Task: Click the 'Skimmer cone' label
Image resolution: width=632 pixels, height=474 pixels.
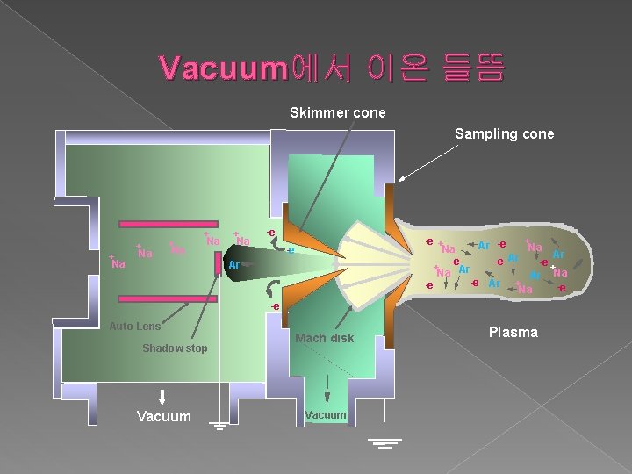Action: (337, 112)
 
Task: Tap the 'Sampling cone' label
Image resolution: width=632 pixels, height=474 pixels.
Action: (504, 133)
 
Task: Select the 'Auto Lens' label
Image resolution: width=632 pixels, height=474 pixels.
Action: (134, 327)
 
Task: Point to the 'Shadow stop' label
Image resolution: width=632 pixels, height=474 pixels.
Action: (175, 348)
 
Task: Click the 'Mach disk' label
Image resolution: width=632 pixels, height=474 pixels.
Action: (325, 338)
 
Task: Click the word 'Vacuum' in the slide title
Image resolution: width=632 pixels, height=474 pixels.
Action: (225, 69)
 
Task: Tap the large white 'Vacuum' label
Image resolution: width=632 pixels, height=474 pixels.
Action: (163, 416)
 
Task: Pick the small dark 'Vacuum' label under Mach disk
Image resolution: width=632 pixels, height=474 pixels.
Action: (326, 414)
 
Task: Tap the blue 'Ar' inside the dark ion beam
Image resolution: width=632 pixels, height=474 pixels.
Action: (233, 264)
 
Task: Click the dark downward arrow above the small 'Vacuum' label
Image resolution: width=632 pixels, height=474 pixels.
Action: (327, 390)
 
